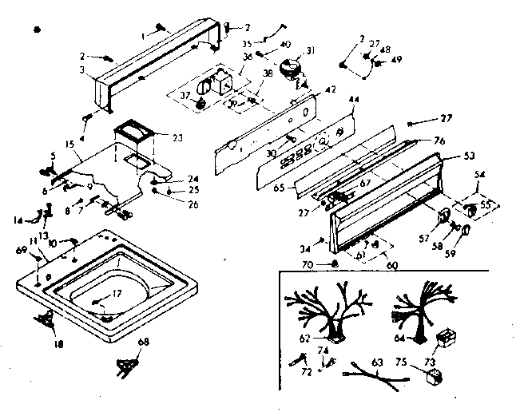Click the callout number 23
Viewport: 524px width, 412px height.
[x=177, y=137]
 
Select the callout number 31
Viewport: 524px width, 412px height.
[x=310, y=51]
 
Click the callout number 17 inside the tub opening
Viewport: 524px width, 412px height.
[x=117, y=294]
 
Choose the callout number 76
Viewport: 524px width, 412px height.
[x=439, y=141]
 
